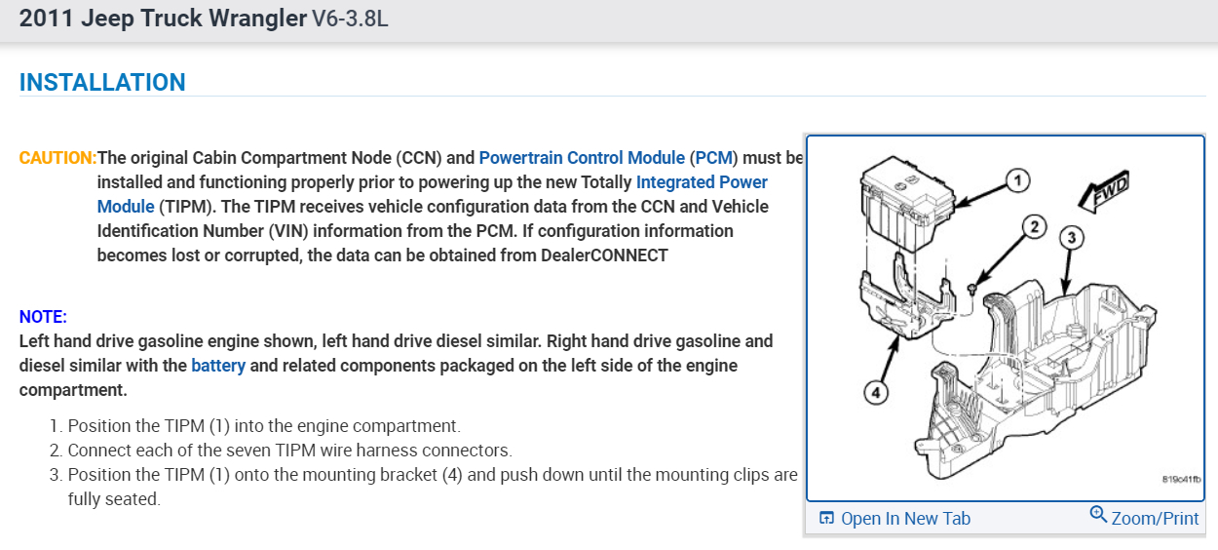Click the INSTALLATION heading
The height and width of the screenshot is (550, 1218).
click(x=102, y=83)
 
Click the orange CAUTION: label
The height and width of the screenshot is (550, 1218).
click(x=57, y=158)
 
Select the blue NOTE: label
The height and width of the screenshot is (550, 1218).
click(x=43, y=317)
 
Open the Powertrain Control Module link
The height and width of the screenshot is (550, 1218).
click(x=582, y=158)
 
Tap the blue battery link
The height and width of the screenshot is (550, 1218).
click(x=218, y=366)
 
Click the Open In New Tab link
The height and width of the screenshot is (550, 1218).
click(x=905, y=519)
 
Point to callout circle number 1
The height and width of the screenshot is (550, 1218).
click(x=1016, y=179)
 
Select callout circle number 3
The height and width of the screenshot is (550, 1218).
click(x=1070, y=237)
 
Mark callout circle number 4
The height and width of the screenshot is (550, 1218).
click(x=876, y=393)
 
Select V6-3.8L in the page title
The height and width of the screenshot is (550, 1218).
click(x=350, y=19)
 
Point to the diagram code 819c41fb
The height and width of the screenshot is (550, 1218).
click(x=1181, y=480)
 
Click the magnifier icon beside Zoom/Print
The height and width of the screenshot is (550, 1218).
click(x=1098, y=515)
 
